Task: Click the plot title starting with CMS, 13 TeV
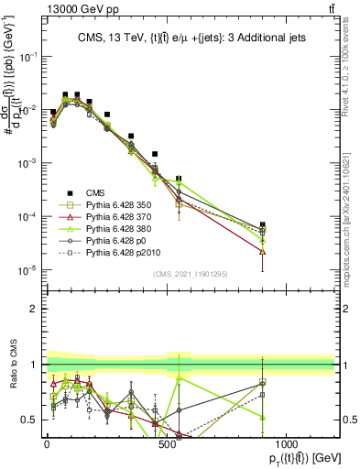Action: (190, 37)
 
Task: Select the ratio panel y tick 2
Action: (35, 309)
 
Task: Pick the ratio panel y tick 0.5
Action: (31, 420)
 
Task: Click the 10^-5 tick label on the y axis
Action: (27, 269)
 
